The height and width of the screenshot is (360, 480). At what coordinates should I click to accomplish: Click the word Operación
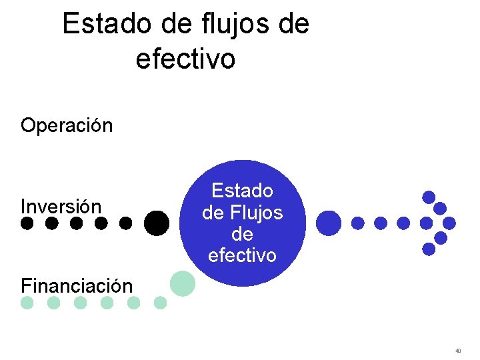coord(67,125)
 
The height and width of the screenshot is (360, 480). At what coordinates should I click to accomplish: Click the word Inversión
coord(61,207)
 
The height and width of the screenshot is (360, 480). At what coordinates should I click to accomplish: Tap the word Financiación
coord(77,286)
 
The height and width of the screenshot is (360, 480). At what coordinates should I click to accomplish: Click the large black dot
coord(156,223)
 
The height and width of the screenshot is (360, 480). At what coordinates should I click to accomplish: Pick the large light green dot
coord(182,283)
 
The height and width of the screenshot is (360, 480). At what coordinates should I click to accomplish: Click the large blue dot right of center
coord(328,223)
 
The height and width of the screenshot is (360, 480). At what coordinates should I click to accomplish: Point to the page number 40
coord(458,350)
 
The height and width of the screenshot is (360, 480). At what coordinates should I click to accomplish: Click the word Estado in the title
coord(107,25)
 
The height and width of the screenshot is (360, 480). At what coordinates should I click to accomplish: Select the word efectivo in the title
coord(185,59)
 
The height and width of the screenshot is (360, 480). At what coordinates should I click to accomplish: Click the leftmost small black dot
coord(27,223)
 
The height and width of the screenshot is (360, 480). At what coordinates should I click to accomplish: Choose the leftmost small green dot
coord(27,303)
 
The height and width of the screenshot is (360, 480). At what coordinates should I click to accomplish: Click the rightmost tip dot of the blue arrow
coord(449,223)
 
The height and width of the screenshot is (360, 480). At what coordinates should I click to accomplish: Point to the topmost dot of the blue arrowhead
coord(429,197)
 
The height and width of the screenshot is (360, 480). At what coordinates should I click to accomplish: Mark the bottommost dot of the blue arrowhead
coord(429,249)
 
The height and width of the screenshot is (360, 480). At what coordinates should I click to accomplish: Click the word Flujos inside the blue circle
coord(256,213)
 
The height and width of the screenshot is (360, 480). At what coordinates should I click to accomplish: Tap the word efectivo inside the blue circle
coord(242,255)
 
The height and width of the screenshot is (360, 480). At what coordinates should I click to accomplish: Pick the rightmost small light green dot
coord(160,303)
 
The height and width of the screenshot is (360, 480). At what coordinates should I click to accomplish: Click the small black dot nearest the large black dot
coord(125,223)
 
